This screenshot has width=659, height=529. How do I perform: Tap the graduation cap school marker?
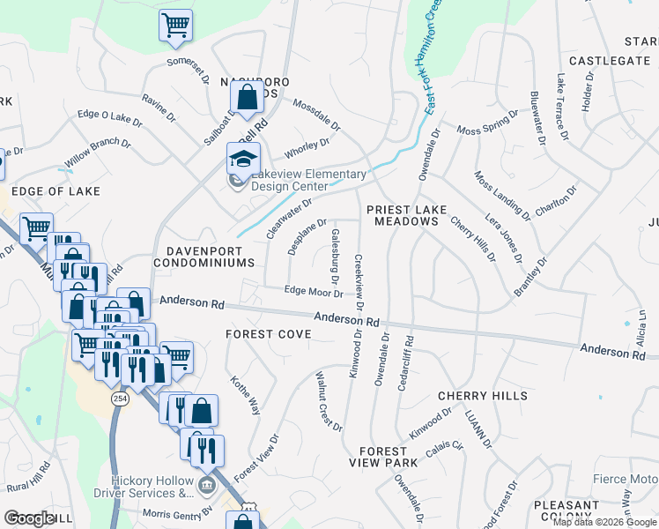coord(243,159)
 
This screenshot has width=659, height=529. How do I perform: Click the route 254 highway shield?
coord(117,399)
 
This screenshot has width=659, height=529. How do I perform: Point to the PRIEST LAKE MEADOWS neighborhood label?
coord(406,215)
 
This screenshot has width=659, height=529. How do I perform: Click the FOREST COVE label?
coord(268,334)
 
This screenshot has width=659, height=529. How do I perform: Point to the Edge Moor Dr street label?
coord(313,291)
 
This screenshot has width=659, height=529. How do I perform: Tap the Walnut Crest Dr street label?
coord(329,401)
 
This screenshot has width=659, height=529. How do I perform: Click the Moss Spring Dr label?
coord(487,124)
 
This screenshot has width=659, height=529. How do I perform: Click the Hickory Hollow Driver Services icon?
coord(205,484)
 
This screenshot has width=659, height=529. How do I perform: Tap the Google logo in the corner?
coord(29,518)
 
